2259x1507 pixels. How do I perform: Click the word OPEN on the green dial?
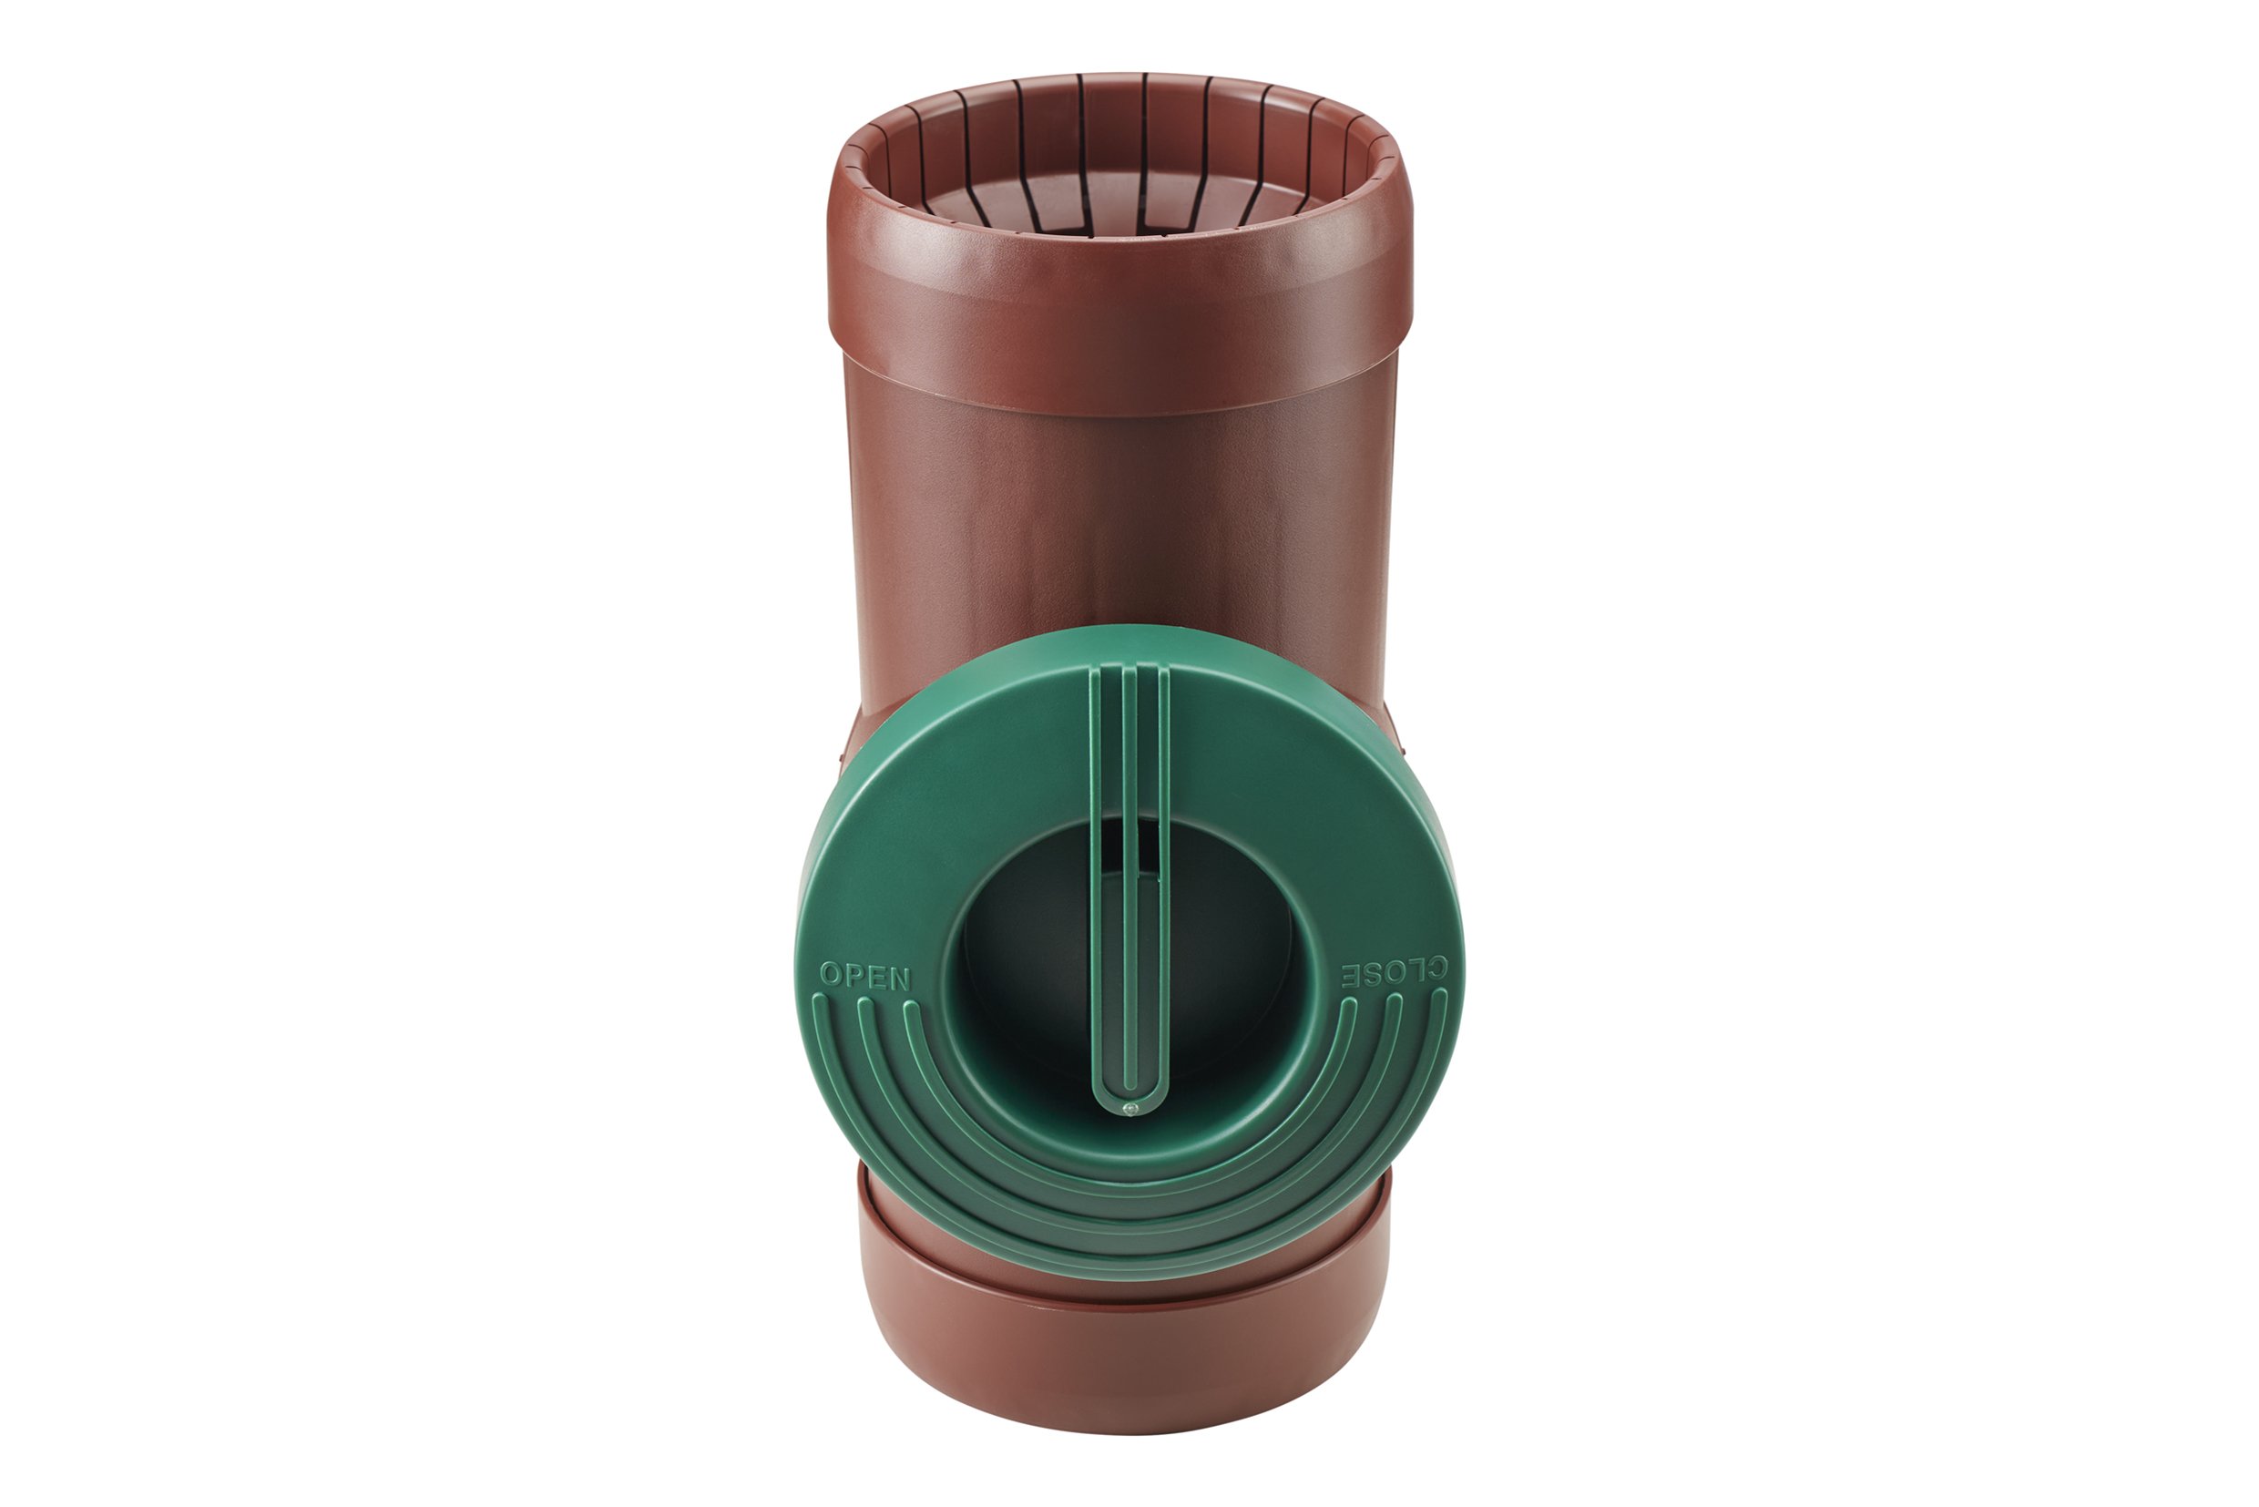pyautogui.click(x=864, y=978)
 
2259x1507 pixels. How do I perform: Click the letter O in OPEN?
pyautogui.click(x=830, y=975)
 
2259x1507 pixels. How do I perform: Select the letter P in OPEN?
pyautogui.click(x=854, y=977)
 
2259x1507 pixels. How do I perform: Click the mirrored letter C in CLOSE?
pyautogui.click(x=1435, y=971)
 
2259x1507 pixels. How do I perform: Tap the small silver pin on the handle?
pyautogui.click(x=1130, y=1110)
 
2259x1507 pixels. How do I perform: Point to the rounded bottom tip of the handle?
pyautogui.click(x=1130, y=1105)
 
